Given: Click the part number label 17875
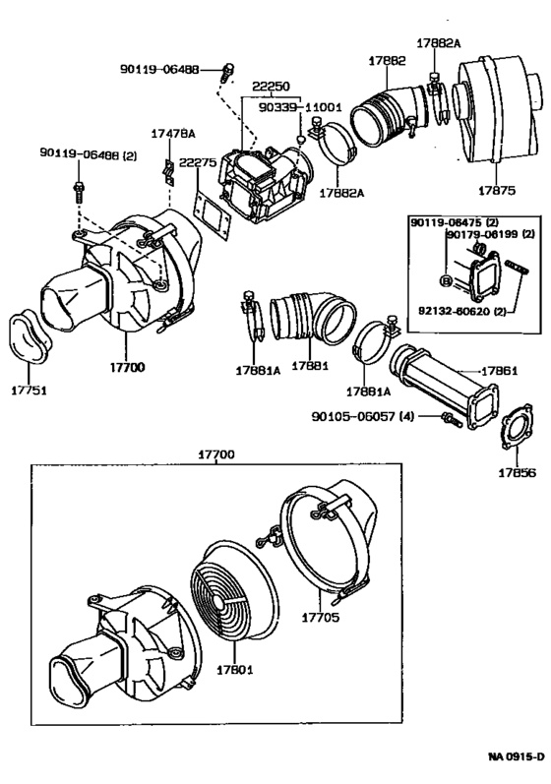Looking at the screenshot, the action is [497, 191].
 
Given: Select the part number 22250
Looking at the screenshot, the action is [271, 86].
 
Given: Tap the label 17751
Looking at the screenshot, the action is [29, 391].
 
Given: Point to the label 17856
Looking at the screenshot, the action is [517, 473].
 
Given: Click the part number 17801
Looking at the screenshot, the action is [235, 670].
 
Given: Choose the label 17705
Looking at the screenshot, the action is [320, 618].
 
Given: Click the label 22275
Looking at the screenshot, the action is [198, 162].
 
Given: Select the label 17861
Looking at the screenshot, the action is [499, 371].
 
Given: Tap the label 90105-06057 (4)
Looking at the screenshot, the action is [362, 416].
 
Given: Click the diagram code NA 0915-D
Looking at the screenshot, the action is [517, 757].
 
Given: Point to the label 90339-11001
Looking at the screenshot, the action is [300, 107].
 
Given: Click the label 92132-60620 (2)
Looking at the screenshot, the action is [462, 311].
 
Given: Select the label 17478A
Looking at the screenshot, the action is [173, 134].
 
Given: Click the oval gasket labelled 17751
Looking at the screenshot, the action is [30, 335].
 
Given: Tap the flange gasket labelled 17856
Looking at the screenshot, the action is [516, 427].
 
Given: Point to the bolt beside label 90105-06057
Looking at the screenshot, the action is [451, 418].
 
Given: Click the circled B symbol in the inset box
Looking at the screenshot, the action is [445, 280].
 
